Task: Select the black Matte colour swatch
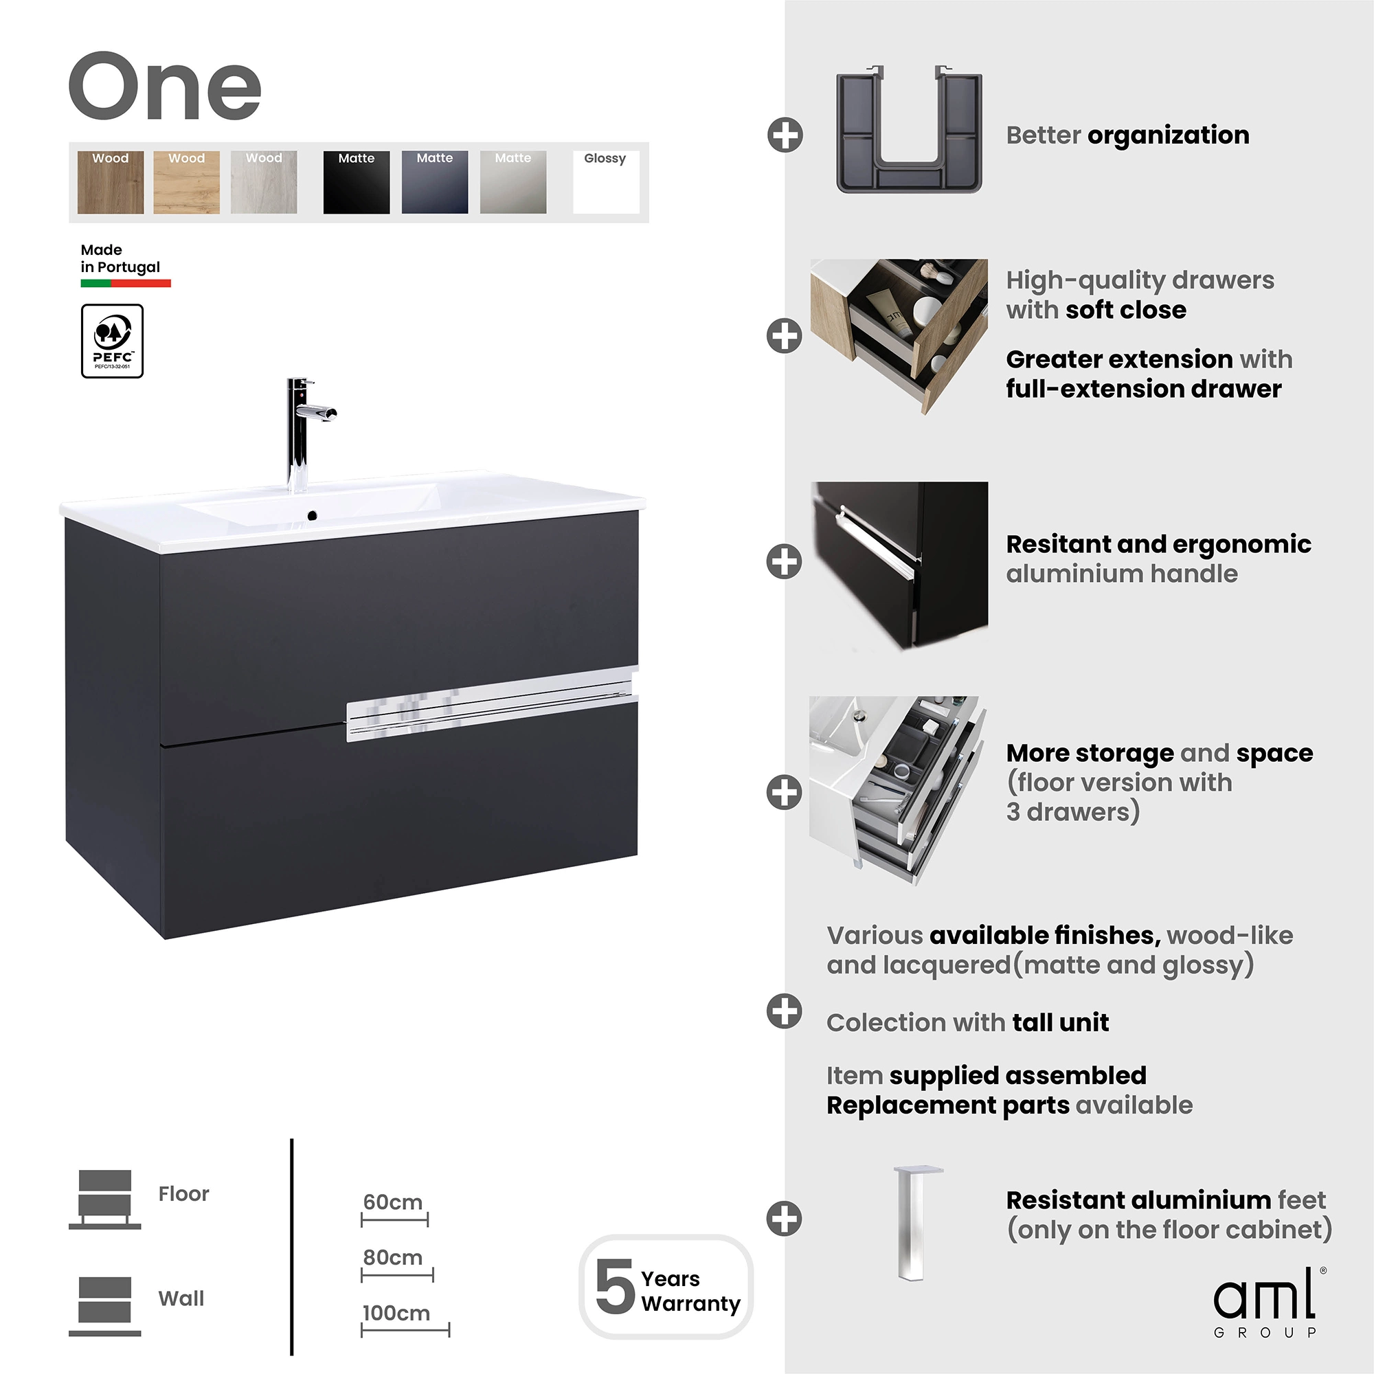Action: [357, 182]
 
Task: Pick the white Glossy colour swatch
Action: [606, 182]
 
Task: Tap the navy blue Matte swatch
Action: [435, 182]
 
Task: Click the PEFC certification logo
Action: [113, 341]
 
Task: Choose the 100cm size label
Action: [396, 1314]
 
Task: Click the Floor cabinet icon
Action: [104, 1199]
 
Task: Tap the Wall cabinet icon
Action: [104, 1307]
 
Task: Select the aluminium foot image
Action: [917, 1224]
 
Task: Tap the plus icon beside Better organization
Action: [785, 135]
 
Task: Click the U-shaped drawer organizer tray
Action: [909, 129]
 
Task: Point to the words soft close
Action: [1126, 310]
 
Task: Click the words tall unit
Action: [1060, 1023]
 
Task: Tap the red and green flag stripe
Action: [126, 283]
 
